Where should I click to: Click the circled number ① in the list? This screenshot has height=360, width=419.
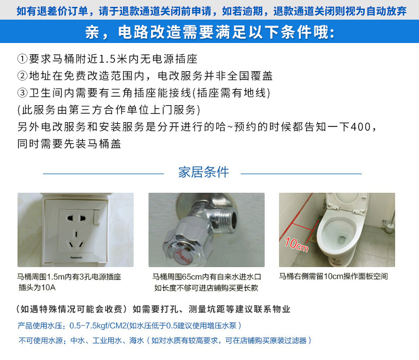tap(22, 59)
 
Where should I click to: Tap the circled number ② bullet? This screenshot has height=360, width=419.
tap(22, 76)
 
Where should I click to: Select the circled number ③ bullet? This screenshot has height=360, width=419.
tap(22, 93)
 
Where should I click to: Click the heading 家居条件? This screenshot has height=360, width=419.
tap(204, 172)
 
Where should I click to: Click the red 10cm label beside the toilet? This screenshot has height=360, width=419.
tap(296, 244)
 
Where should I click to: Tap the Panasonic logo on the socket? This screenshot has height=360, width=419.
tap(76, 258)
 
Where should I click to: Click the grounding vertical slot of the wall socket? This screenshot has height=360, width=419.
tap(76, 234)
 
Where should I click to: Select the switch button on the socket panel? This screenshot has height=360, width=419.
tap(97, 217)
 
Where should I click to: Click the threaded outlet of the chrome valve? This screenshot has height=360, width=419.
tap(229, 219)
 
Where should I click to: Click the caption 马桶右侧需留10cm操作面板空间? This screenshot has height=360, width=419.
tap(333, 276)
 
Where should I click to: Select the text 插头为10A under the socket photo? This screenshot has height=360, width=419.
tap(37, 287)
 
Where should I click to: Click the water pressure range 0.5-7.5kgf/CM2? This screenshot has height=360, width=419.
tap(98, 325)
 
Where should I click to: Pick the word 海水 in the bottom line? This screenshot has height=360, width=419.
tap(136, 340)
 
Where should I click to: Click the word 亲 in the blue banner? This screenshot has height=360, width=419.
tap(92, 32)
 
